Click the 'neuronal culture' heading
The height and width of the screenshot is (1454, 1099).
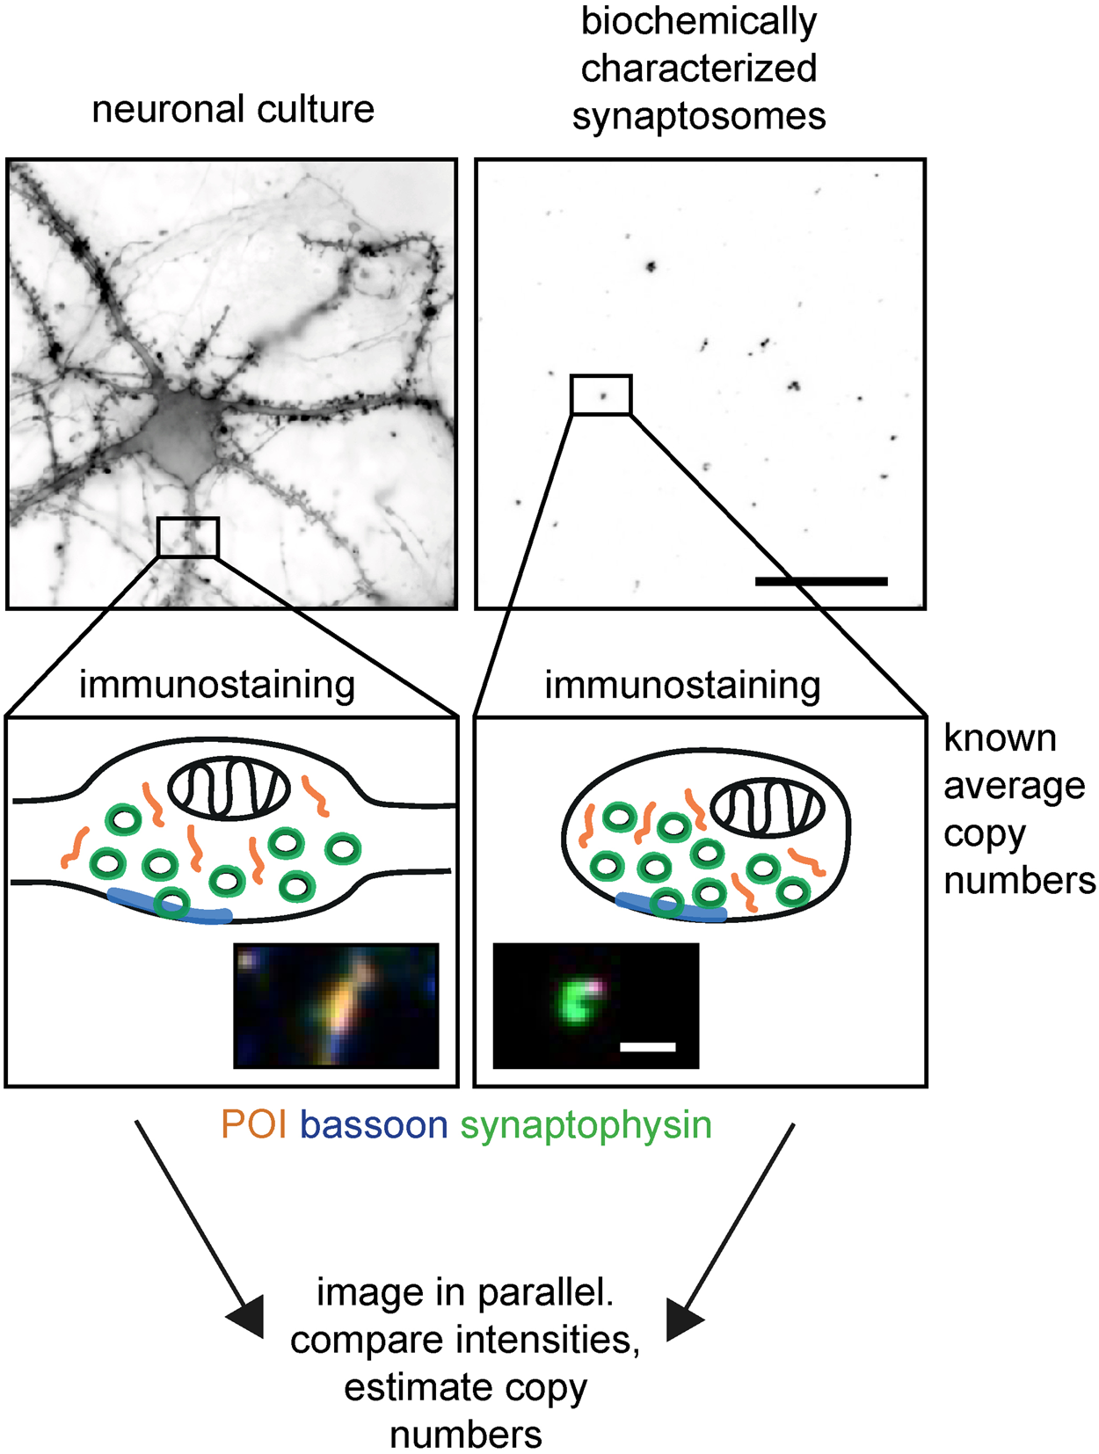(x=233, y=110)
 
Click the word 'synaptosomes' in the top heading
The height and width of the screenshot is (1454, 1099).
(x=699, y=116)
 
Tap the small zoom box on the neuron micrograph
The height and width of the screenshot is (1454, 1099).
(x=187, y=537)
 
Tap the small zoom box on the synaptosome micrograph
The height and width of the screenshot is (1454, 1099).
(x=600, y=395)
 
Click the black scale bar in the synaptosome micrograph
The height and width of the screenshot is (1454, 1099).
(x=821, y=581)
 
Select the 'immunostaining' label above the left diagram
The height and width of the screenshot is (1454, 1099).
(x=217, y=685)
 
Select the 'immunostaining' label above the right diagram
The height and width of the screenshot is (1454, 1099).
(x=682, y=685)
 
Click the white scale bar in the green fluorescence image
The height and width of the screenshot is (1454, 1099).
(x=648, y=1047)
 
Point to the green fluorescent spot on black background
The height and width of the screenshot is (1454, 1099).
(x=576, y=1002)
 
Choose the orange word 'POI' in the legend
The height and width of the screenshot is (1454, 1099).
(x=254, y=1125)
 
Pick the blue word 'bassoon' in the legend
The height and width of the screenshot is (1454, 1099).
(x=374, y=1125)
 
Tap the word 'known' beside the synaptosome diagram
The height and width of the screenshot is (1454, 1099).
(x=1000, y=738)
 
